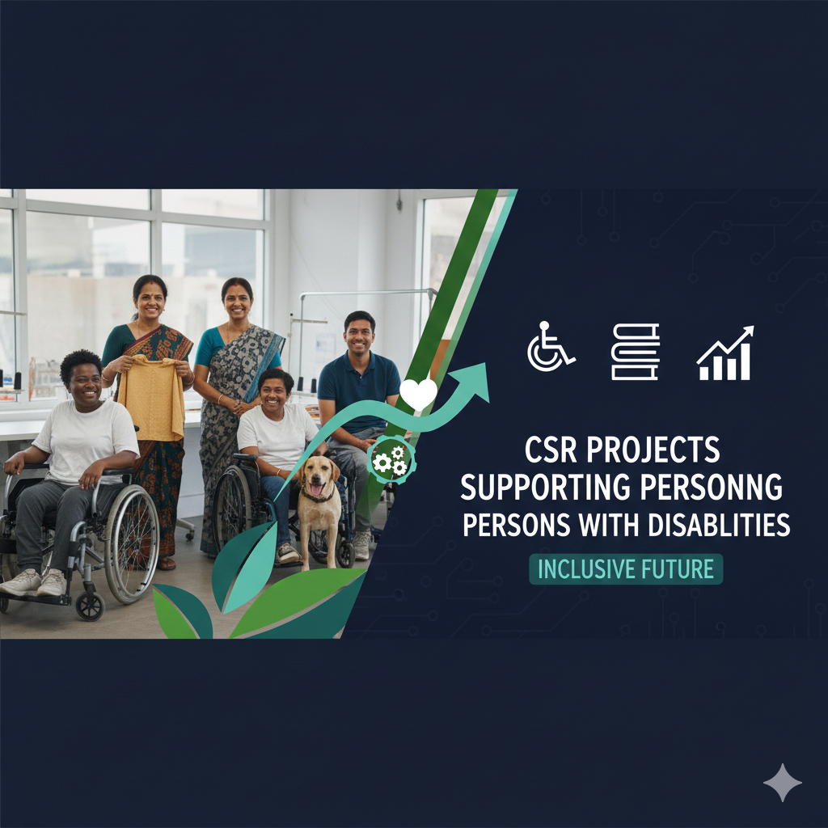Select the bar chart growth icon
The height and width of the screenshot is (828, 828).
point(724,354)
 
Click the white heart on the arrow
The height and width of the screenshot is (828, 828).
point(418,393)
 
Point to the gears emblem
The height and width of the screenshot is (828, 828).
point(391,460)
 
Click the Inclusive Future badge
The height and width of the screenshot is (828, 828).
point(626,568)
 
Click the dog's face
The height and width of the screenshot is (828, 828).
point(318,476)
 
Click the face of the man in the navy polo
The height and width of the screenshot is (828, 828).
point(358,335)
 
